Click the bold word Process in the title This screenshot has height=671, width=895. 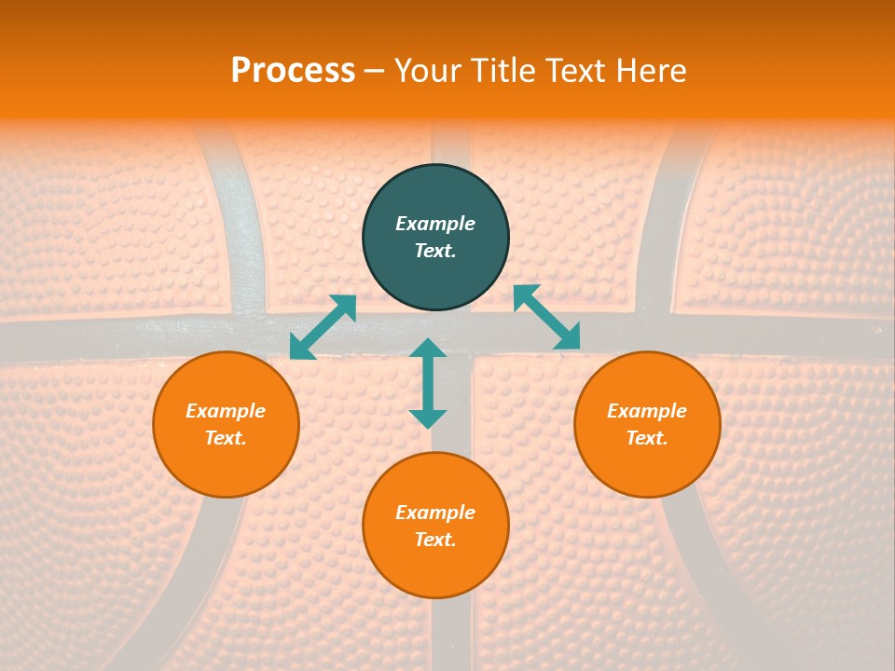click(293, 71)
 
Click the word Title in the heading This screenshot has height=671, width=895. click(504, 71)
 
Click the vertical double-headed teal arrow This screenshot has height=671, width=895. click(428, 383)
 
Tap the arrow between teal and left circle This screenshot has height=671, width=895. click(323, 327)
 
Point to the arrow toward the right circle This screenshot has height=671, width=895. click(547, 317)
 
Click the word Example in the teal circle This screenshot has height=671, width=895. click(435, 224)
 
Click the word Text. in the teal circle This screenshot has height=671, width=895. click(435, 251)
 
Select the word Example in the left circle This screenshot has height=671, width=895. click(226, 411)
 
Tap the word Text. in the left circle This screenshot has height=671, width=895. click(226, 438)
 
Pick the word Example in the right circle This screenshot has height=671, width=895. click(647, 411)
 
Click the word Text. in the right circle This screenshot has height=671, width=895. click(647, 438)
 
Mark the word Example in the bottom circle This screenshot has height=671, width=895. click(435, 513)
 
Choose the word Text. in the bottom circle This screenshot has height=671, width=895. click(435, 540)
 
